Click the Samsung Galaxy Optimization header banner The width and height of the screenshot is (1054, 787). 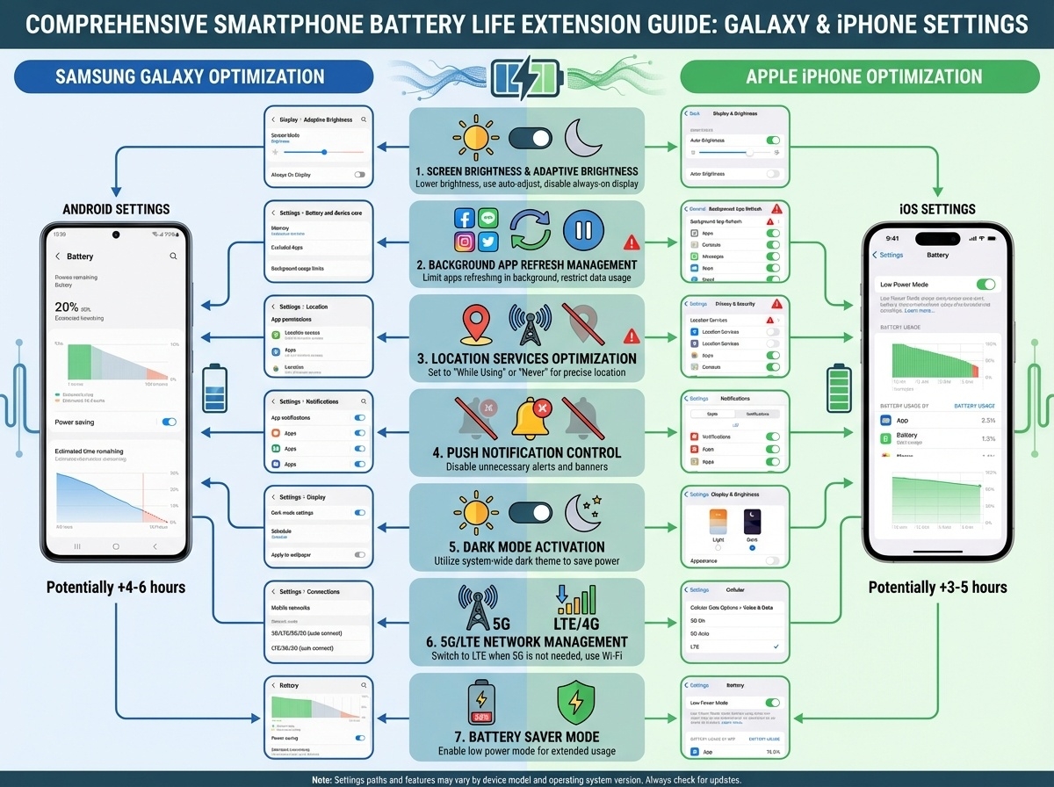tap(189, 76)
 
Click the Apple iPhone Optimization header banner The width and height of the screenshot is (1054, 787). tap(863, 76)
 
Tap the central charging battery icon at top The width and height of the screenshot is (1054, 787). tap(526, 78)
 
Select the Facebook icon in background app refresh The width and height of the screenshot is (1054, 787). tap(465, 220)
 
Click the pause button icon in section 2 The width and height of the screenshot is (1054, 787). tap(581, 230)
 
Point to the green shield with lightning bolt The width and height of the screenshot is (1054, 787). tap(577, 703)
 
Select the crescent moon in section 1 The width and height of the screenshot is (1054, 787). tap(581, 136)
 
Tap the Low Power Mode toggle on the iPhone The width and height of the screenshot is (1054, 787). tap(985, 285)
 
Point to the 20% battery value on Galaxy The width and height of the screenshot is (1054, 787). tap(67, 307)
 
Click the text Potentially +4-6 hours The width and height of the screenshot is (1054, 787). tap(116, 587)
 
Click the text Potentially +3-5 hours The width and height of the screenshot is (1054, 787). tap(937, 587)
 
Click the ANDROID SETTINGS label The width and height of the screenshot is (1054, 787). tap(116, 209)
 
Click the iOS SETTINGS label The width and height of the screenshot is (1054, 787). tap(937, 209)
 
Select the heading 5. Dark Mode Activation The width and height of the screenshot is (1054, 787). tap(526, 546)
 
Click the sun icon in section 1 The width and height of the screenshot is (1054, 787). tap(475, 137)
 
